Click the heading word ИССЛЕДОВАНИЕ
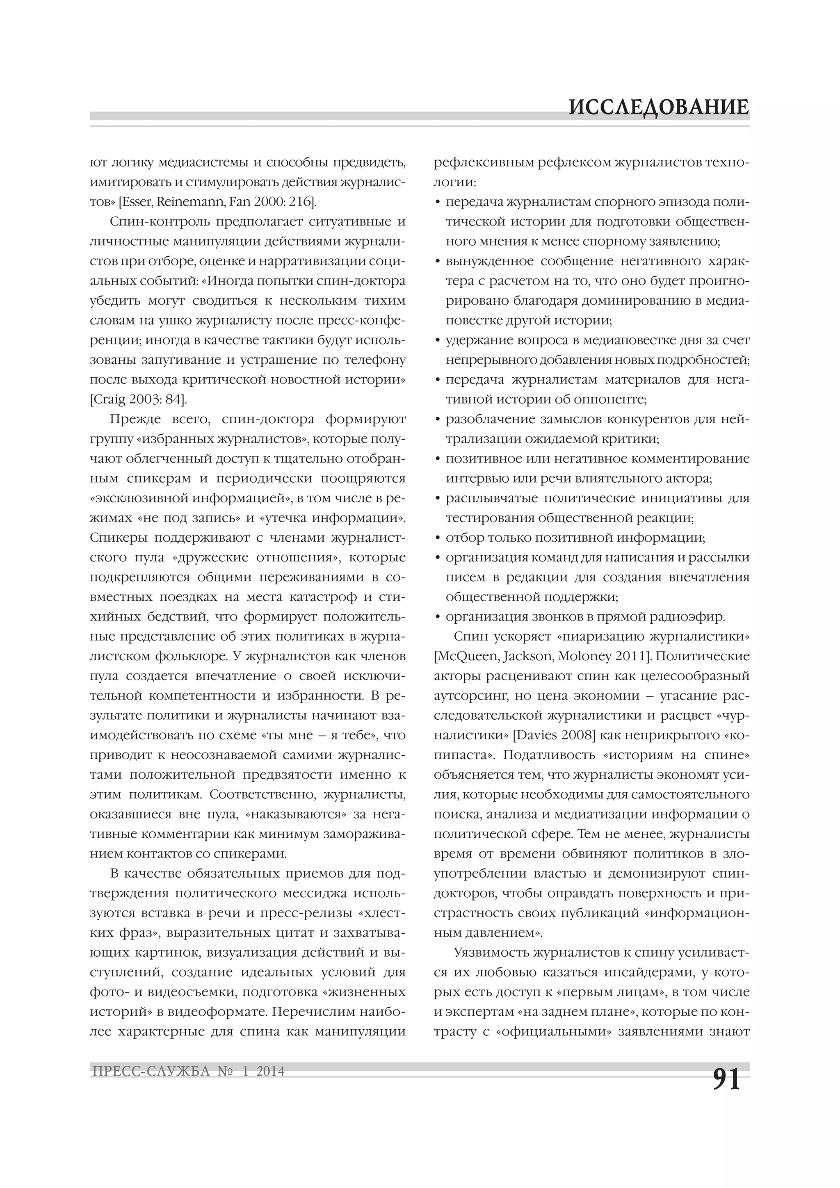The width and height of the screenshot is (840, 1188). [658, 107]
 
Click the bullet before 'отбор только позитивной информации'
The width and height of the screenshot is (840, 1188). [438, 538]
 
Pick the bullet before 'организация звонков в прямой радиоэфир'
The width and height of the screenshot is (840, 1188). [438, 617]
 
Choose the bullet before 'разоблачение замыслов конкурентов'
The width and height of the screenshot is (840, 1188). [438, 420]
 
